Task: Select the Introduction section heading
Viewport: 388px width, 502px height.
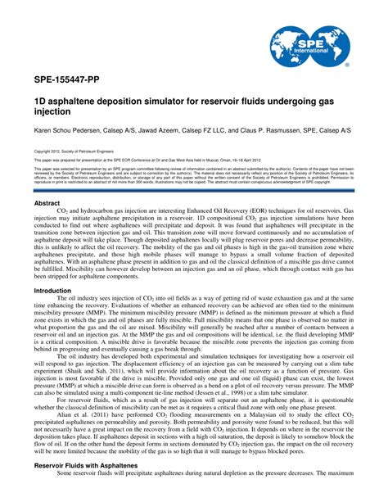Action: (52, 291)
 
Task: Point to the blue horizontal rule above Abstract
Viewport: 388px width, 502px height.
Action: (194, 192)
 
